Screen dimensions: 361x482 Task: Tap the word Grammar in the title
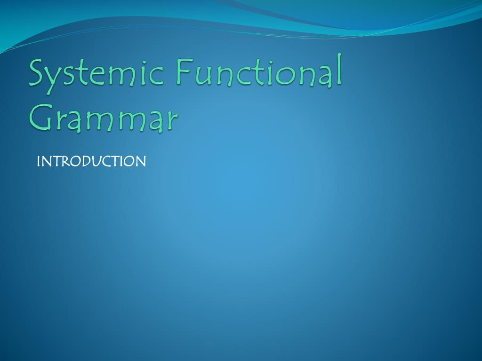pos(104,118)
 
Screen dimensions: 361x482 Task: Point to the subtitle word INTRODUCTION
pos(91,161)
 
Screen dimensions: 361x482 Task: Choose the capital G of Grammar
pos(41,116)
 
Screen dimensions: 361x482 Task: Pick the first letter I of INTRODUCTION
pos(39,161)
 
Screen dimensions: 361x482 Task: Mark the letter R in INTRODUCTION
pos(64,161)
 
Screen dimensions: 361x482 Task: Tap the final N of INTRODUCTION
pos(141,161)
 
